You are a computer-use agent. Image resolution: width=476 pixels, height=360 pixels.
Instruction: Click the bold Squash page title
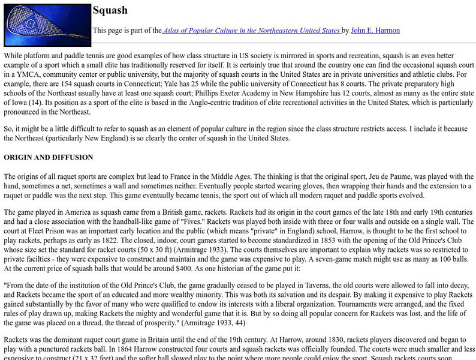(x=110, y=10)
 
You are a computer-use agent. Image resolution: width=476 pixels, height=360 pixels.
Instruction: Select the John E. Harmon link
(x=375, y=30)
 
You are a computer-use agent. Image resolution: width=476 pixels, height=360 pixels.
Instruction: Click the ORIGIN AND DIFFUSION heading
(x=49, y=157)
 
